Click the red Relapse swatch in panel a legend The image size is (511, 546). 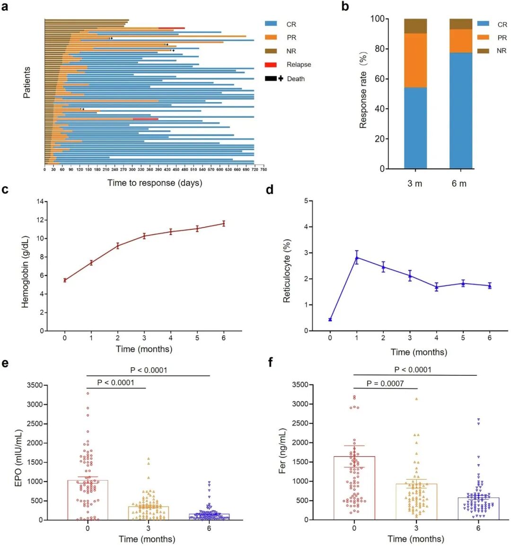(271, 64)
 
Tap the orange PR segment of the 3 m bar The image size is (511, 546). (415, 60)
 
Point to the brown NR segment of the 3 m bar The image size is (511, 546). (415, 26)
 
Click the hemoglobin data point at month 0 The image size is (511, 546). (65, 280)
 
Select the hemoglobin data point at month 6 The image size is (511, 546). (224, 224)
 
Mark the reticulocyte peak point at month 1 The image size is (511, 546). (357, 258)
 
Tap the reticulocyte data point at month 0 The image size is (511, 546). (330, 320)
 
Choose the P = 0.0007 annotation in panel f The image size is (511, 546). (385, 383)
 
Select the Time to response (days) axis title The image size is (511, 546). (154, 183)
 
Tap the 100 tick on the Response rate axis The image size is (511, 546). (377, 19)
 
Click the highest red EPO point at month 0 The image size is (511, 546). (88, 393)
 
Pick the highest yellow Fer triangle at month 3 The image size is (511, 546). (416, 399)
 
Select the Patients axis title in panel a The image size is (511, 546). (26, 83)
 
